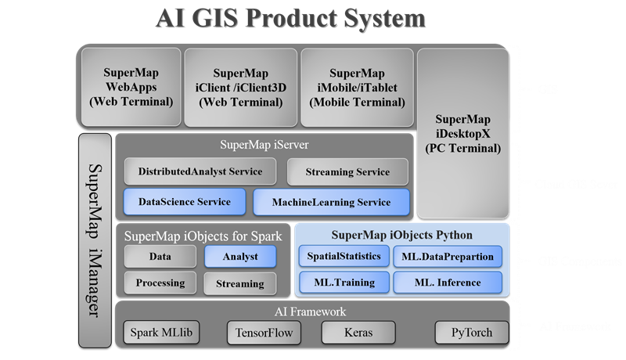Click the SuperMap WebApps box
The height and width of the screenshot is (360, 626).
coord(131,87)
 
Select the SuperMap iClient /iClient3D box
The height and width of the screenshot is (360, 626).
coord(241,88)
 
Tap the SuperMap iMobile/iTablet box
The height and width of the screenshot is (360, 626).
coord(357,88)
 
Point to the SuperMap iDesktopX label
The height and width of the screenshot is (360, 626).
coord(462,134)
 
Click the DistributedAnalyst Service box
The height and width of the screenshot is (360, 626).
coord(200,171)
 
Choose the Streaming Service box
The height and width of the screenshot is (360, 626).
coord(347,171)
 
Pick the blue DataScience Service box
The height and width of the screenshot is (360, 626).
coord(185,202)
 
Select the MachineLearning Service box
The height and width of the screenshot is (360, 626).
coord(331,202)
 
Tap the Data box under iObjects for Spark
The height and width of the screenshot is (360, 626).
coord(160,256)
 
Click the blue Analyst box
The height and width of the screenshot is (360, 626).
coord(240,256)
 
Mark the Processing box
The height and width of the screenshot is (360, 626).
coord(160,283)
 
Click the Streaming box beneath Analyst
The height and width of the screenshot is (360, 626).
coord(240,283)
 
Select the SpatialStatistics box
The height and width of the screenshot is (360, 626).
coord(344,256)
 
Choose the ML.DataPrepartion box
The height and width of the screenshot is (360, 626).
coord(448,256)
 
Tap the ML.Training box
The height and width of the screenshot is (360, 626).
coord(344,283)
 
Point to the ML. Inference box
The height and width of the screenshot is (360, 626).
coord(448,283)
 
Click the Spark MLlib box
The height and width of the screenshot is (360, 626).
coord(161,332)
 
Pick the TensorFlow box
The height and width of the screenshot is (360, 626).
coord(264,333)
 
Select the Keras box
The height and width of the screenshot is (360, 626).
coord(358,333)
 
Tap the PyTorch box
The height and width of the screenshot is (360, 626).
coord(472,333)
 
